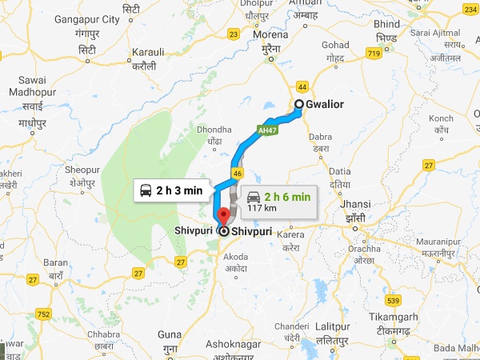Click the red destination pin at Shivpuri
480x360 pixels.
click(223, 215)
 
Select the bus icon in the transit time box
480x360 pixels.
click(146, 190)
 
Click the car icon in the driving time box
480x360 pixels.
click(254, 196)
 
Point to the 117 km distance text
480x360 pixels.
click(262, 208)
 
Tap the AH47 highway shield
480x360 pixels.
click(267, 129)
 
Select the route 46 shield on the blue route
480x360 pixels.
click(237, 173)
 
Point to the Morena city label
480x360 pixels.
click(270, 36)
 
